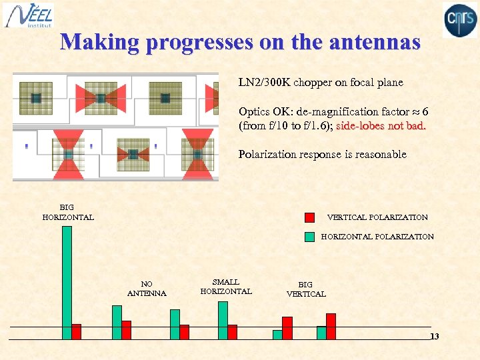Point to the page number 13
tap(435, 337)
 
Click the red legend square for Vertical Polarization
tap(309, 217)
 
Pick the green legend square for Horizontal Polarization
tap(309, 236)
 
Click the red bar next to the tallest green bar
tap(76, 331)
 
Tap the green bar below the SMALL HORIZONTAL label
tap(223, 320)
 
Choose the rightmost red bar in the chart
tap(331, 326)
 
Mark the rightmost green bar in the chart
tap(321, 333)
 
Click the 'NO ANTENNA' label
tap(147, 289)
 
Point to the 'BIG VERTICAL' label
tap(306, 289)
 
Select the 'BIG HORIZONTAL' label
tap(68, 213)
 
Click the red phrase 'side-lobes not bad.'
tap(381, 126)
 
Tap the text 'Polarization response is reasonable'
tap(322, 154)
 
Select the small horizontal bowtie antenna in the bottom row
tap(133, 155)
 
